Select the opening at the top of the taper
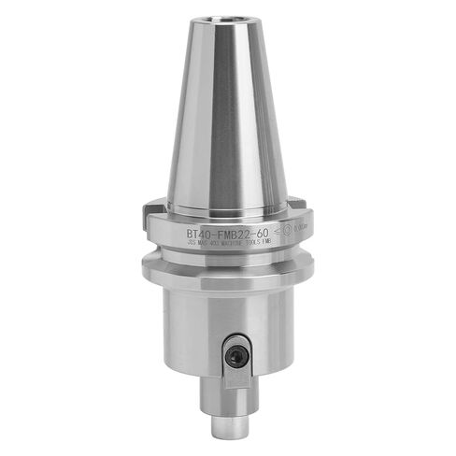[227, 21]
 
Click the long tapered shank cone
[227, 121]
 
